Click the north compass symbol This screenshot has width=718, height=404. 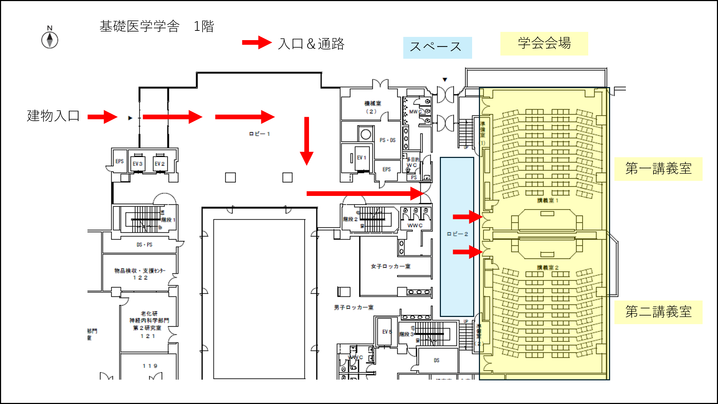pyautogui.click(x=50, y=39)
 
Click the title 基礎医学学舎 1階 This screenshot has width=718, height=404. pyautogui.click(x=157, y=26)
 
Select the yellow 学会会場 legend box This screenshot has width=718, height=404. pyautogui.click(x=544, y=43)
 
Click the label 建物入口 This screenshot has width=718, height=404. pyautogui.click(x=53, y=116)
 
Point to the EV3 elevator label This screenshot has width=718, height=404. pyautogui.click(x=138, y=164)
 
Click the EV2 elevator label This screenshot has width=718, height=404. pyautogui.click(x=160, y=164)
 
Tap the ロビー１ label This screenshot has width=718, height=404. pyautogui.click(x=259, y=134)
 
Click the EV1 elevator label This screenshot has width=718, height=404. pyautogui.click(x=361, y=158)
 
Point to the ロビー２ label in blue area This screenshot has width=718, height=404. pyautogui.click(x=457, y=234)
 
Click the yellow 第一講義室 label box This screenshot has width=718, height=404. pyautogui.click(x=658, y=169)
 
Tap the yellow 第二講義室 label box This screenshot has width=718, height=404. pyautogui.click(x=658, y=312)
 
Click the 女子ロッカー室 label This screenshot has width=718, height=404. pyautogui.click(x=390, y=266)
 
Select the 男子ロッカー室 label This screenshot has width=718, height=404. pyautogui.click(x=353, y=307)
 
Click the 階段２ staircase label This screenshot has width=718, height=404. pyautogui.click(x=350, y=219)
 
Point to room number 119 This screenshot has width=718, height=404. pyautogui.click(x=150, y=366)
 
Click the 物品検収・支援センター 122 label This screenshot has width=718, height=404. pyautogui.click(x=140, y=274)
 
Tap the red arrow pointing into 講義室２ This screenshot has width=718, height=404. pyautogui.click(x=467, y=252)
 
